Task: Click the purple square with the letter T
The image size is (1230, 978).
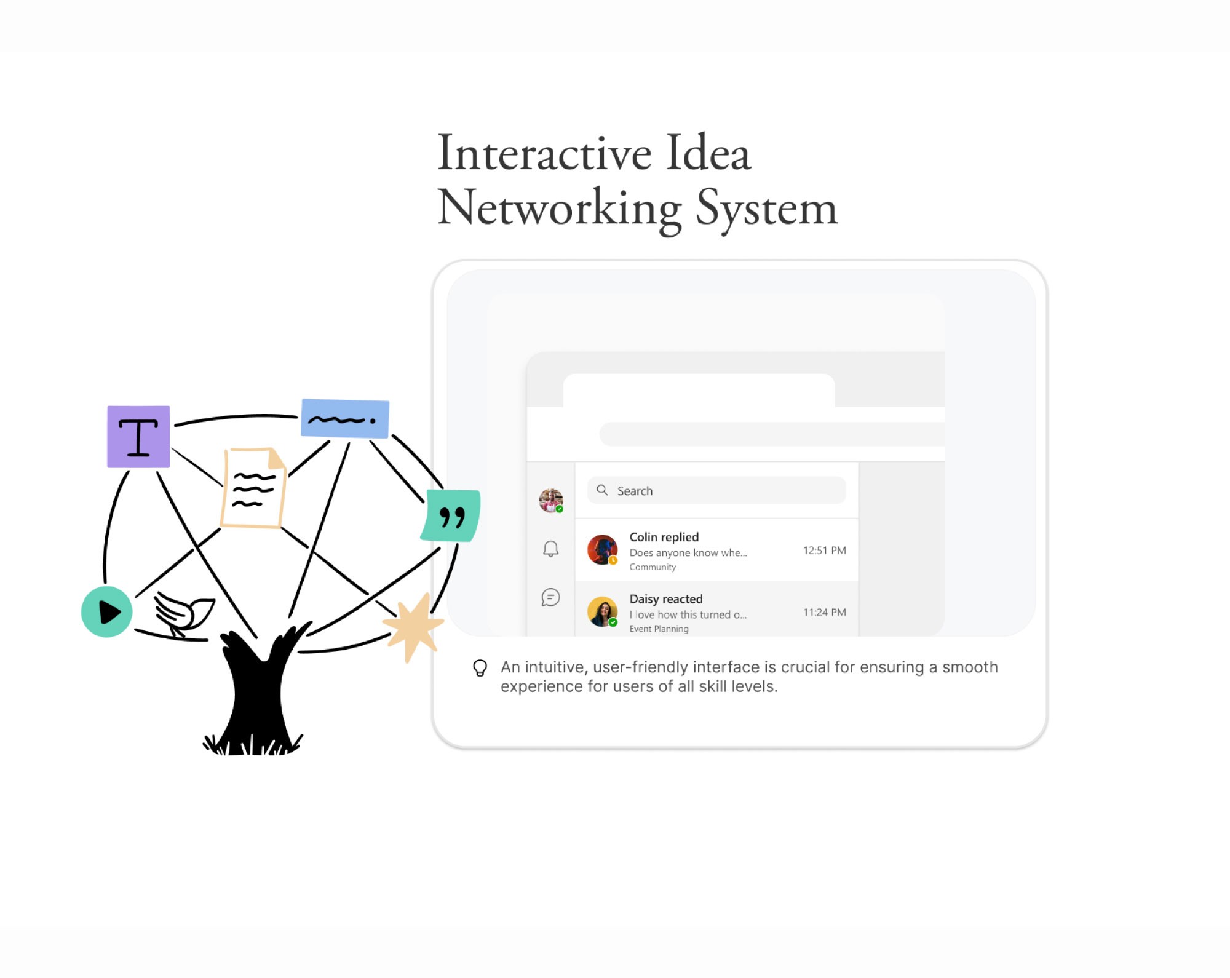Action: click(138, 437)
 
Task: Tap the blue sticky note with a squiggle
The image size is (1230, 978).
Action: click(345, 419)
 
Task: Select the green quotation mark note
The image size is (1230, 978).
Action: click(451, 516)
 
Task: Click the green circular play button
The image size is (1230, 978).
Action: click(107, 612)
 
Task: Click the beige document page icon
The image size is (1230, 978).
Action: click(254, 488)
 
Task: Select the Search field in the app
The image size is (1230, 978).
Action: click(716, 491)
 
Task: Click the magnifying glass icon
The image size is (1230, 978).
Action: click(603, 490)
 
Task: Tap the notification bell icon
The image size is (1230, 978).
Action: click(551, 549)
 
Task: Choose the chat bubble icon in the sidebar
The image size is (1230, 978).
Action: click(551, 597)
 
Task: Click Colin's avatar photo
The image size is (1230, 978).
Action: click(602, 550)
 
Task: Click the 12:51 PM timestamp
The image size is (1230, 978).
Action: click(824, 551)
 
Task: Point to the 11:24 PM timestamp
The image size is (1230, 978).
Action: click(824, 613)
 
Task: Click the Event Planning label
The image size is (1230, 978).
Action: click(659, 629)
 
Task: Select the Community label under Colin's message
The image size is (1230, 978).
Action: click(653, 567)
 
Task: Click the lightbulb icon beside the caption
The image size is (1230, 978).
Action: click(480, 668)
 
